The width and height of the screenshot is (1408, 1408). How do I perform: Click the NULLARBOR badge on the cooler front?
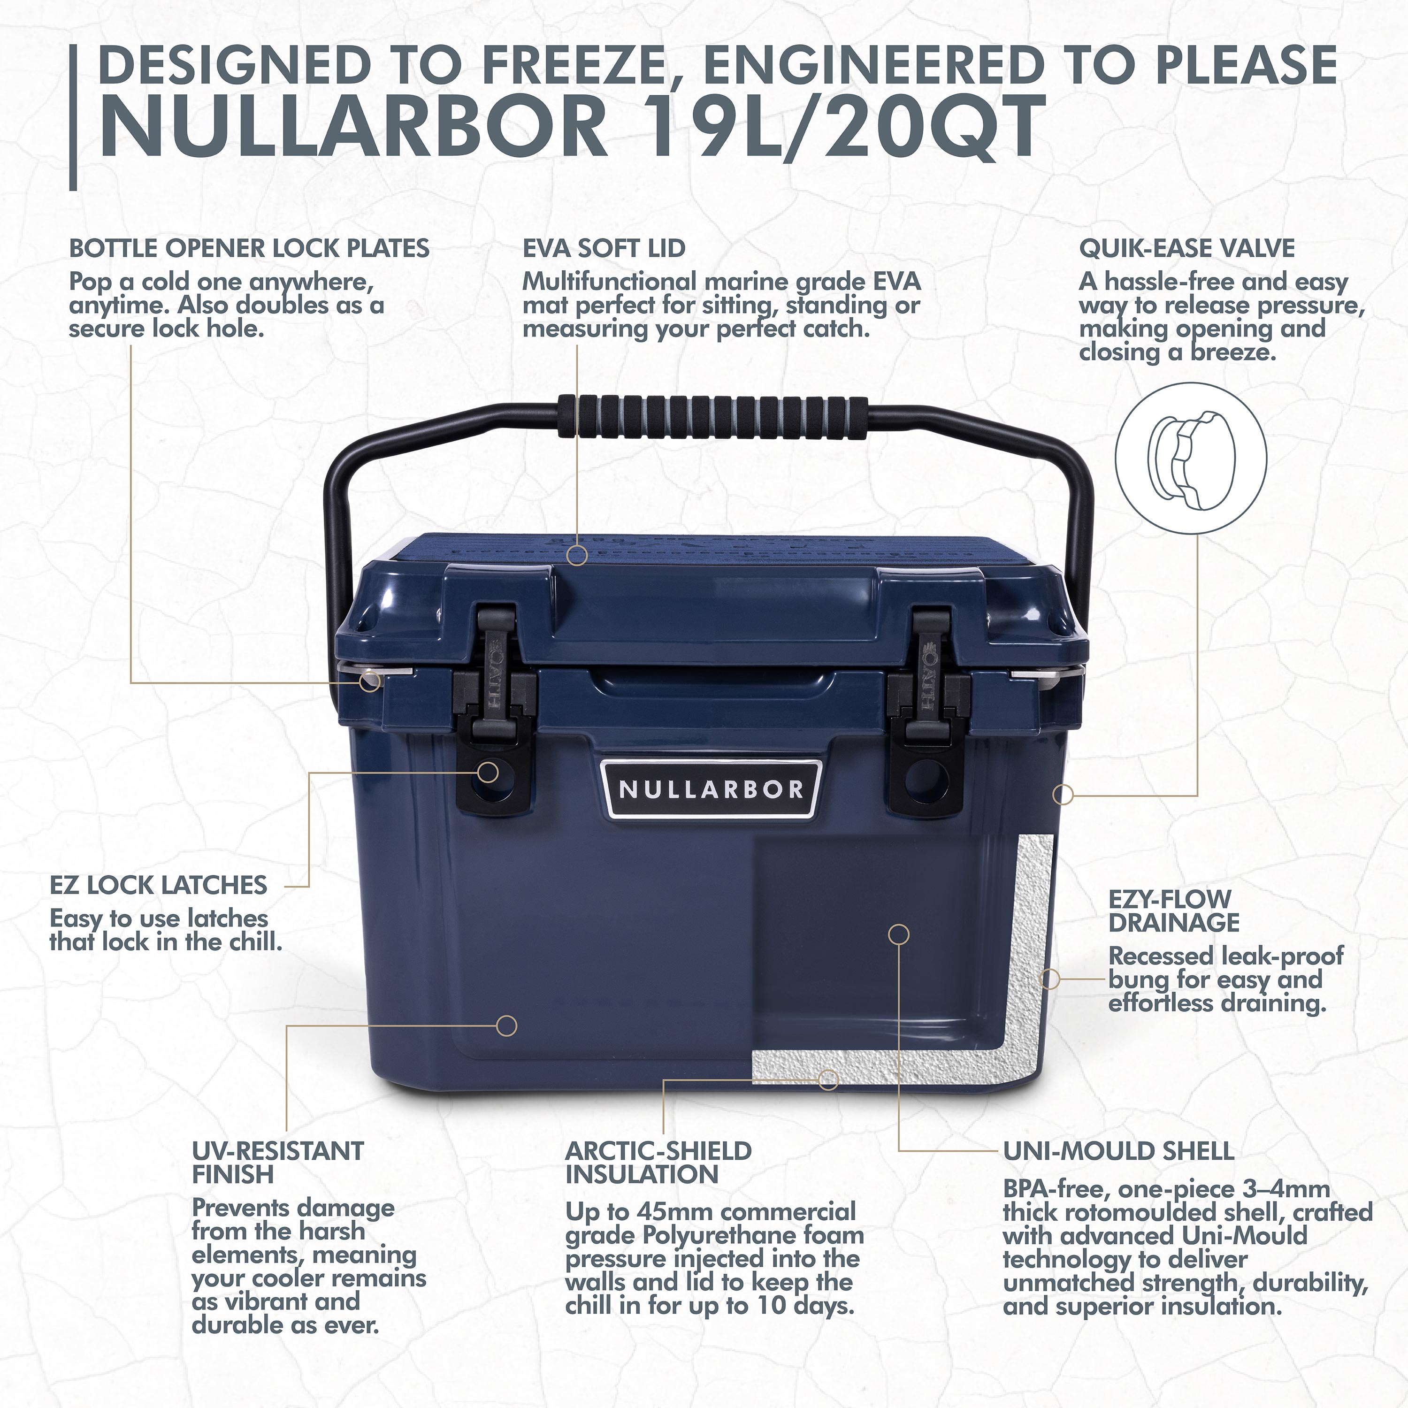coord(712,789)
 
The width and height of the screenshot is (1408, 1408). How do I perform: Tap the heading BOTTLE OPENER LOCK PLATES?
coord(249,249)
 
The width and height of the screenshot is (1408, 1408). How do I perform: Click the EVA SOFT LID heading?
coord(604,249)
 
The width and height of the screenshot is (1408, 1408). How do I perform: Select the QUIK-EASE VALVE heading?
coord(1186,249)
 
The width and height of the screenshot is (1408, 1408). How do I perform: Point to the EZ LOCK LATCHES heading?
coord(158,886)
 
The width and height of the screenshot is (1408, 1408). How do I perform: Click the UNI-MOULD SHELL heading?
coord(1119,1151)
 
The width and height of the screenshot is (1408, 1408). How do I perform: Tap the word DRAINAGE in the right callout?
coord(1174,923)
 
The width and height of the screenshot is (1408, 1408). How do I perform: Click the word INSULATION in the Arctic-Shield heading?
coord(642,1174)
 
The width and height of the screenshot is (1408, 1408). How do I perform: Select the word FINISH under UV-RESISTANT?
coord(232,1174)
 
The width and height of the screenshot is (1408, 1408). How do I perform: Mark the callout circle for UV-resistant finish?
coord(506,1025)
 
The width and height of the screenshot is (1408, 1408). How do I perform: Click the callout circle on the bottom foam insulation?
coord(827,1079)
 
